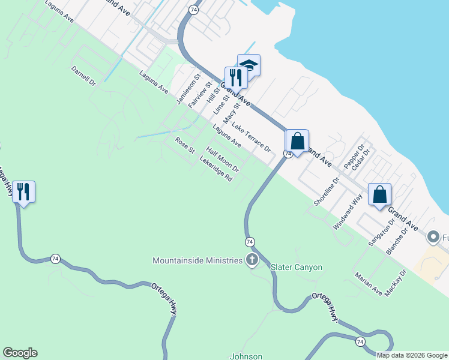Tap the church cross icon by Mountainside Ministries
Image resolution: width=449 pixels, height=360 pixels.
[x=252, y=260]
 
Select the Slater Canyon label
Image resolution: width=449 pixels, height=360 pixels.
[x=297, y=267]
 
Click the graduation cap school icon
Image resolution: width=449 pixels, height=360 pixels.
[x=249, y=65]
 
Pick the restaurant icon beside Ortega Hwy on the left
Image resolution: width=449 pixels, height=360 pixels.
[x=23, y=192]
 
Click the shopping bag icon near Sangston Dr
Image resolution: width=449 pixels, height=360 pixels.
[x=379, y=194]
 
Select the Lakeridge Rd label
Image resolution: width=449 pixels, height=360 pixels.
[x=215, y=170]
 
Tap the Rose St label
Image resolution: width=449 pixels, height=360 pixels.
[x=185, y=145]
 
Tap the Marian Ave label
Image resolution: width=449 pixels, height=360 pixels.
[x=369, y=284]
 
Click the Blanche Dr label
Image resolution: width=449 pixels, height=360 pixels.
[x=397, y=241]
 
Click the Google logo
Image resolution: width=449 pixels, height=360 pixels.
[x=20, y=353]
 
